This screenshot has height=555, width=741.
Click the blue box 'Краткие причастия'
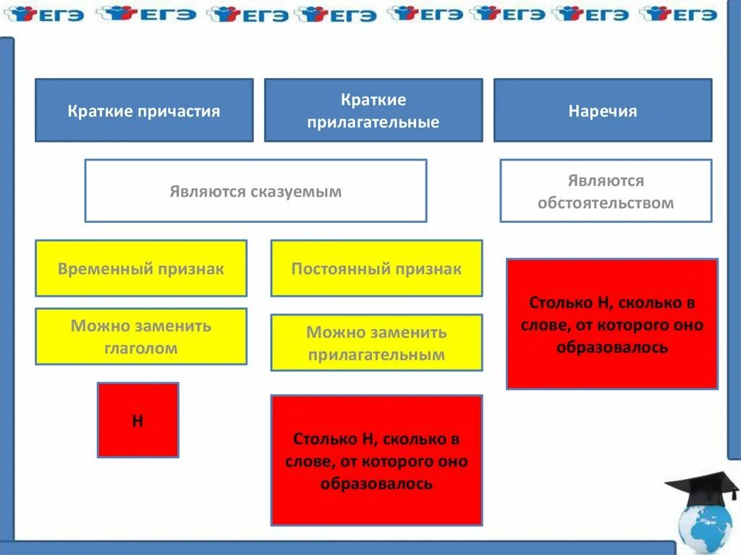[144, 110]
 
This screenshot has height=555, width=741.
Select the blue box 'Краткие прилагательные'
[373, 110]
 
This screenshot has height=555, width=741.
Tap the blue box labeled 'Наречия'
[603, 110]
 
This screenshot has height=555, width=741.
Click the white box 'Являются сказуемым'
[255, 191]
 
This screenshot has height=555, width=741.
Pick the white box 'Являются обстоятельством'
[606, 191]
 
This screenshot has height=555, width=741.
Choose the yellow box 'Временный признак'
[141, 268]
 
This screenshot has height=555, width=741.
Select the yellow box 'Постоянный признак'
[376, 268]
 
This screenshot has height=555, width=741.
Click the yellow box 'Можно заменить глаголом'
[141, 336]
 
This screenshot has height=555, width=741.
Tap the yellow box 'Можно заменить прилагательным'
[376, 343]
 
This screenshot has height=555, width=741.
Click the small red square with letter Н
[137, 420]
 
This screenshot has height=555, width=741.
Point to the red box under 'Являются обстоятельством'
[612, 324]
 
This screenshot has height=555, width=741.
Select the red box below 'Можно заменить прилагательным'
[376, 460]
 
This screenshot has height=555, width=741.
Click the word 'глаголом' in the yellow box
[141, 348]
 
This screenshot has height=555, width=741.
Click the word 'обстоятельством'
[606, 203]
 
